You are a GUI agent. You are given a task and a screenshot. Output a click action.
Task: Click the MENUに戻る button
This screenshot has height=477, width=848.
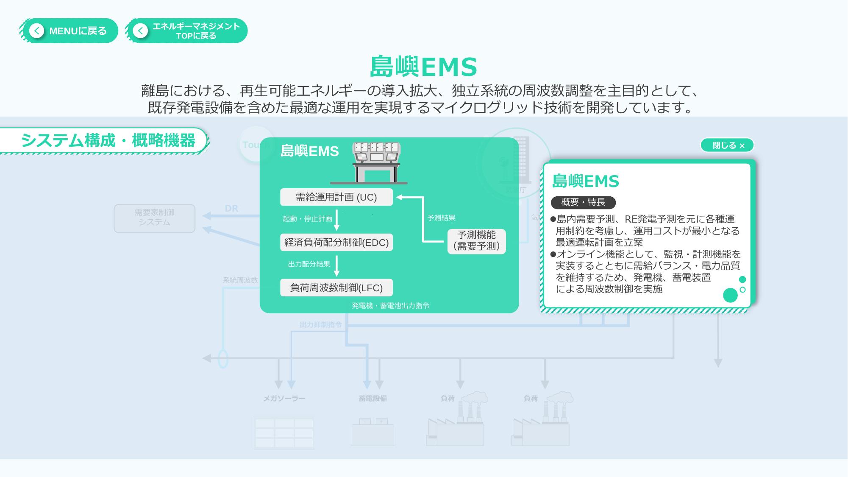click(x=69, y=31)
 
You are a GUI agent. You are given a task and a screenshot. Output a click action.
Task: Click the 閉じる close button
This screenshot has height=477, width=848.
click(x=727, y=145)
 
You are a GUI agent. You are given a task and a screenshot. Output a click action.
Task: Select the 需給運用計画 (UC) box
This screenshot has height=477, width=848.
click(x=336, y=197)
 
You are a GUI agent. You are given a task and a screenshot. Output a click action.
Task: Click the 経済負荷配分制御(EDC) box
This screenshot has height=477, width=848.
click(x=336, y=243)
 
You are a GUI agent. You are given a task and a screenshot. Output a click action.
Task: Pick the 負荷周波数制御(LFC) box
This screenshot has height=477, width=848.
click(x=336, y=288)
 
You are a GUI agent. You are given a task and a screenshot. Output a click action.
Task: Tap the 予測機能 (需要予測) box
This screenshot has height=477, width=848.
click(x=476, y=241)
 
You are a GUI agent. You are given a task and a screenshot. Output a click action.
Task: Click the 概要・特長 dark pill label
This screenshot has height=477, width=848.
click(x=583, y=202)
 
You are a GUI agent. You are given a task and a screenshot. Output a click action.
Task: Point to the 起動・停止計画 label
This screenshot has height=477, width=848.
click(x=307, y=219)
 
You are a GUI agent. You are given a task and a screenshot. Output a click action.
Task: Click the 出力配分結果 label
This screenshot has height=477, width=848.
click(x=309, y=264)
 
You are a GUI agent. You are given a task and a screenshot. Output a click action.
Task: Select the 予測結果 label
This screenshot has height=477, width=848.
click(x=441, y=218)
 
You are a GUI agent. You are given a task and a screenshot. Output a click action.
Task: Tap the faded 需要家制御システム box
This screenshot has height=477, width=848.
click(x=154, y=218)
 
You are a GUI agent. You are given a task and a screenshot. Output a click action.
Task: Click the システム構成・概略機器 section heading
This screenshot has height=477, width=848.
click(x=108, y=140)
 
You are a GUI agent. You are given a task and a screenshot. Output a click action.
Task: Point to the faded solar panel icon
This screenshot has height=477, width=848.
click(x=284, y=433)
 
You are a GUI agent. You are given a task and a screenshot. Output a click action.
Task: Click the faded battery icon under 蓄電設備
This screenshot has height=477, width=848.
click(x=373, y=433)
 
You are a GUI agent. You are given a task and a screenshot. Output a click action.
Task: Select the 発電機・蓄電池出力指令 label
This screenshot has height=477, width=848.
click(x=390, y=306)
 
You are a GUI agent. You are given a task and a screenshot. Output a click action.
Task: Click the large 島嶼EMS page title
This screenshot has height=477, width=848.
click(x=423, y=67)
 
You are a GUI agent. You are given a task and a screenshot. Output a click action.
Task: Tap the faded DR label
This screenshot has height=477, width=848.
click(x=231, y=209)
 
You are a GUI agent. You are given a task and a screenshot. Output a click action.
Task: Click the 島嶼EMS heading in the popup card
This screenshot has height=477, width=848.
click(x=585, y=181)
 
